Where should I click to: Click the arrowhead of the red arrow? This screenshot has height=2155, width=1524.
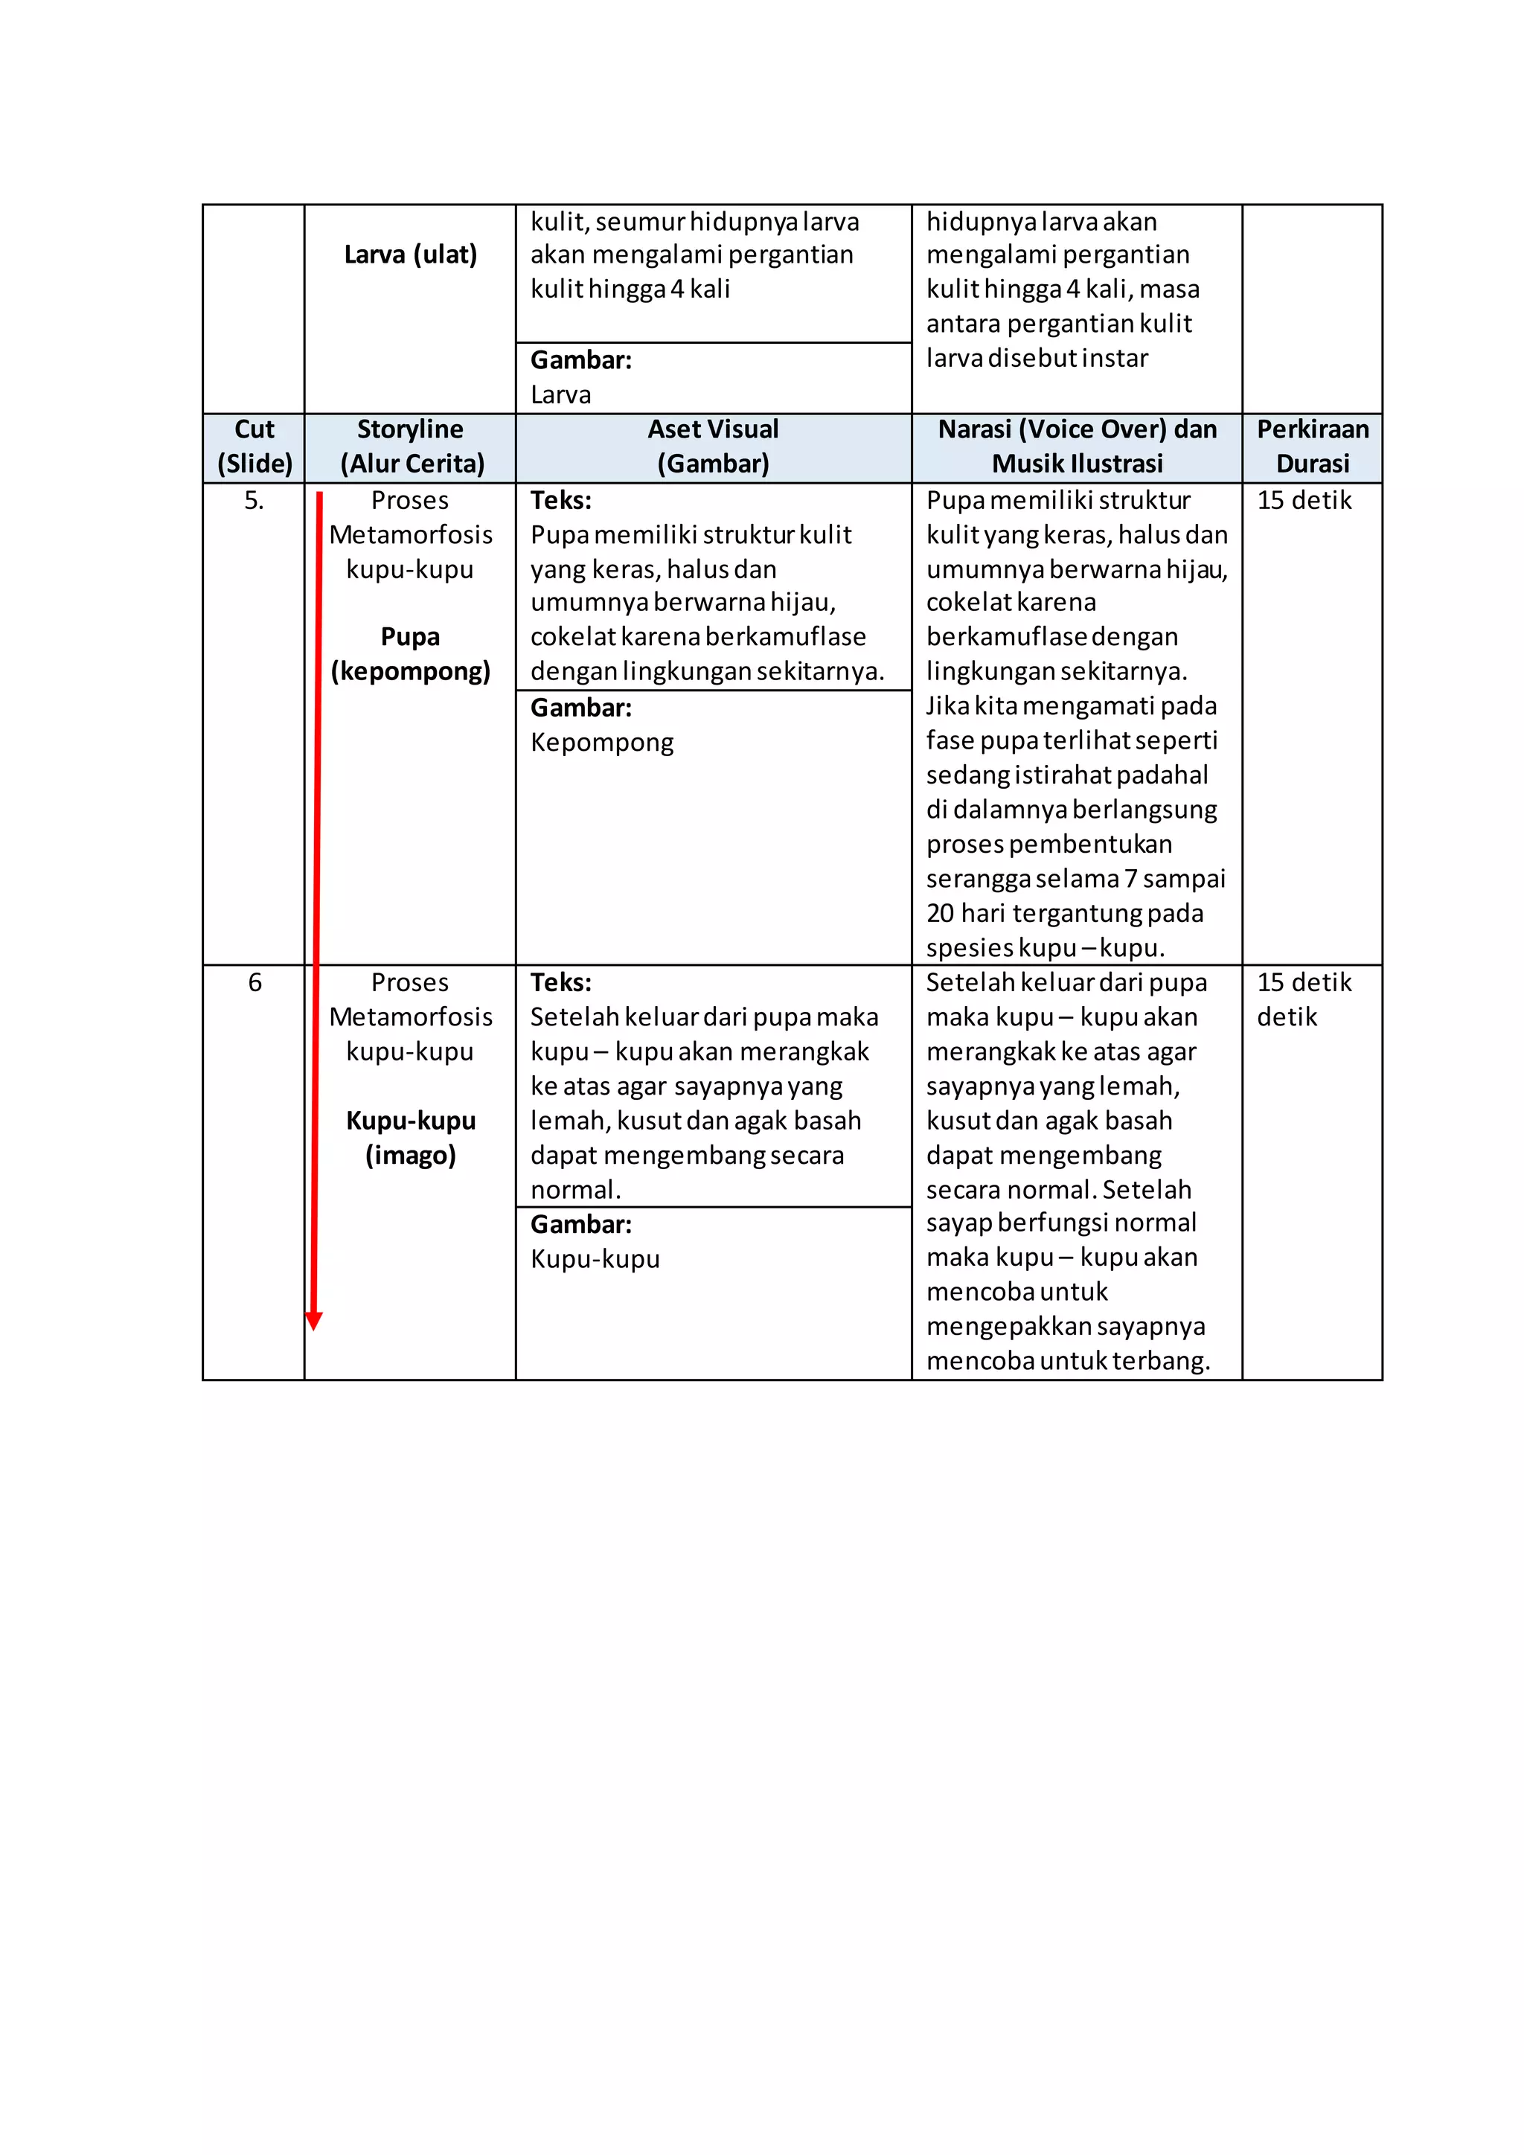[x=314, y=1321]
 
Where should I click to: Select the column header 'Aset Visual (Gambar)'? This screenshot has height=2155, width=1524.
[x=713, y=446]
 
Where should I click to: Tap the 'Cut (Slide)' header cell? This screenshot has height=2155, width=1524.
[x=254, y=446]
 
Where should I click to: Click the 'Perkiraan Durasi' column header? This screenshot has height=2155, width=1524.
[x=1312, y=446]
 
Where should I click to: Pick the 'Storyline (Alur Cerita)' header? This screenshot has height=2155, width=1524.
[x=411, y=446]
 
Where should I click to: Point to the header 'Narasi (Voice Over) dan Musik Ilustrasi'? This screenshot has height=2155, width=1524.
[x=1078, y=446]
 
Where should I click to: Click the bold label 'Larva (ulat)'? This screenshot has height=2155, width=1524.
[x=411, y=255]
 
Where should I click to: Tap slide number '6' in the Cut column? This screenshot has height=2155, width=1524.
[x=254, y=983]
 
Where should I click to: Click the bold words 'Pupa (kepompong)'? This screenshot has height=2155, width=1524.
[x=411, y=654]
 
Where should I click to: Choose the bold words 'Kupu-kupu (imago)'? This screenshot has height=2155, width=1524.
[x=411, y=1138]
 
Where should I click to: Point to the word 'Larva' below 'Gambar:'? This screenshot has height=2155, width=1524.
[x=561, y=395]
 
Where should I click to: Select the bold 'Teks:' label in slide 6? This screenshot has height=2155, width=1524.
[x=561, y=983]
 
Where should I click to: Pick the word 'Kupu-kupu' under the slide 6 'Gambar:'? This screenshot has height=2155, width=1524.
[x=595, y=1258]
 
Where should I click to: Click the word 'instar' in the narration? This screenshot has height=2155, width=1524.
[x=1115, y=359]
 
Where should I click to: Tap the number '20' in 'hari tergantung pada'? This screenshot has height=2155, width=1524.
[x=941, y=913]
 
